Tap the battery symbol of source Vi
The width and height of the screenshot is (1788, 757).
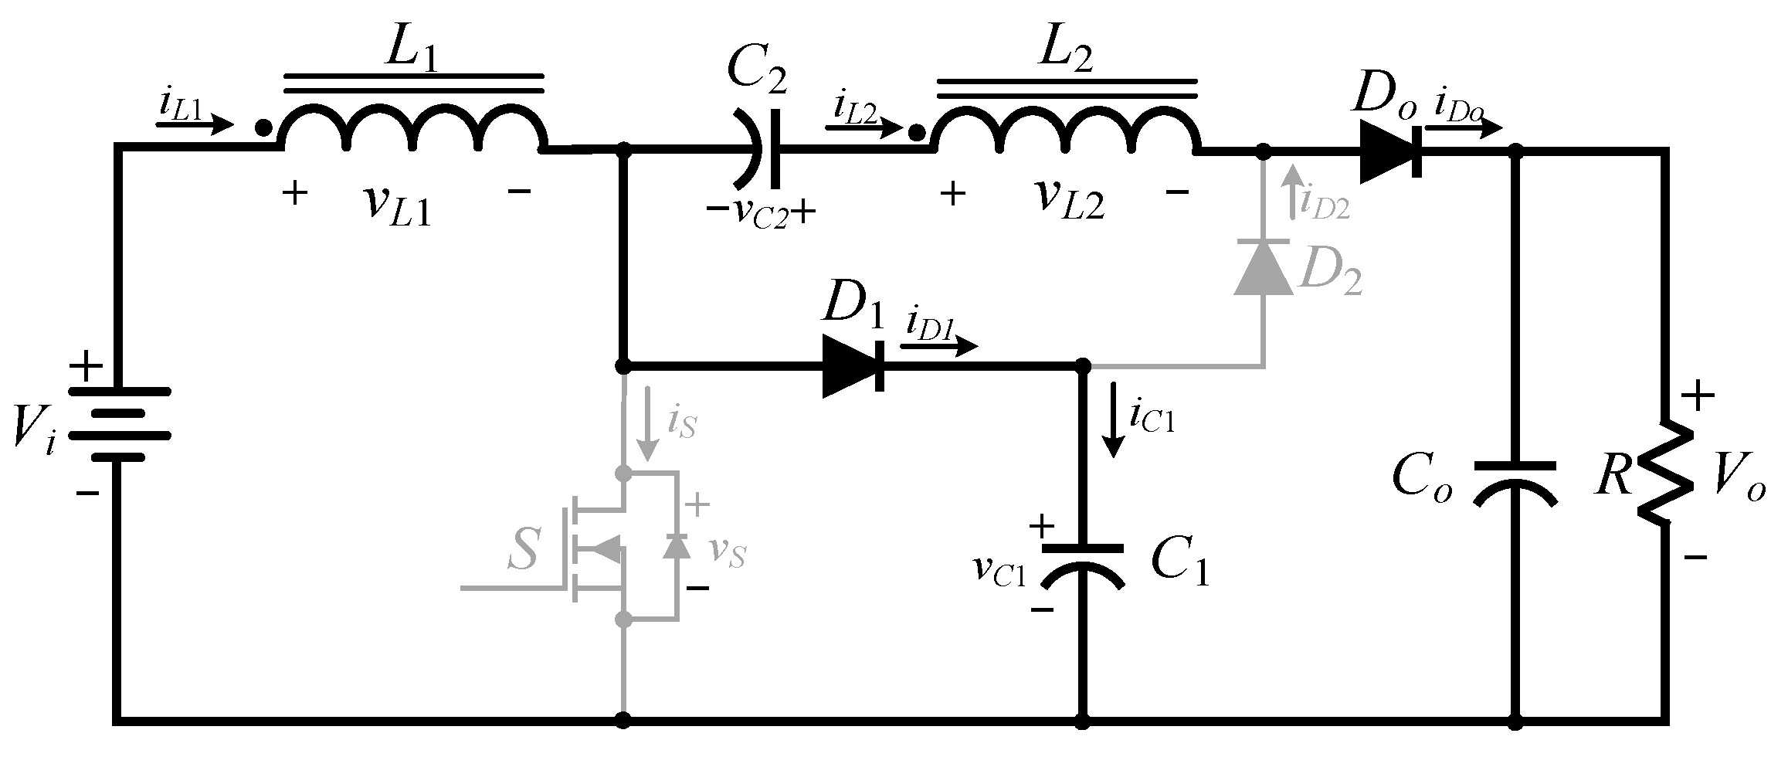tap(119, 424)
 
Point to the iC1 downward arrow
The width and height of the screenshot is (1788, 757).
tap(1113, 429)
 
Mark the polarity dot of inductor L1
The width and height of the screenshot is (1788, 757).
tap(263, 129)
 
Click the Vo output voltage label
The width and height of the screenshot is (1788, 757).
tap(1742, 484)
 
